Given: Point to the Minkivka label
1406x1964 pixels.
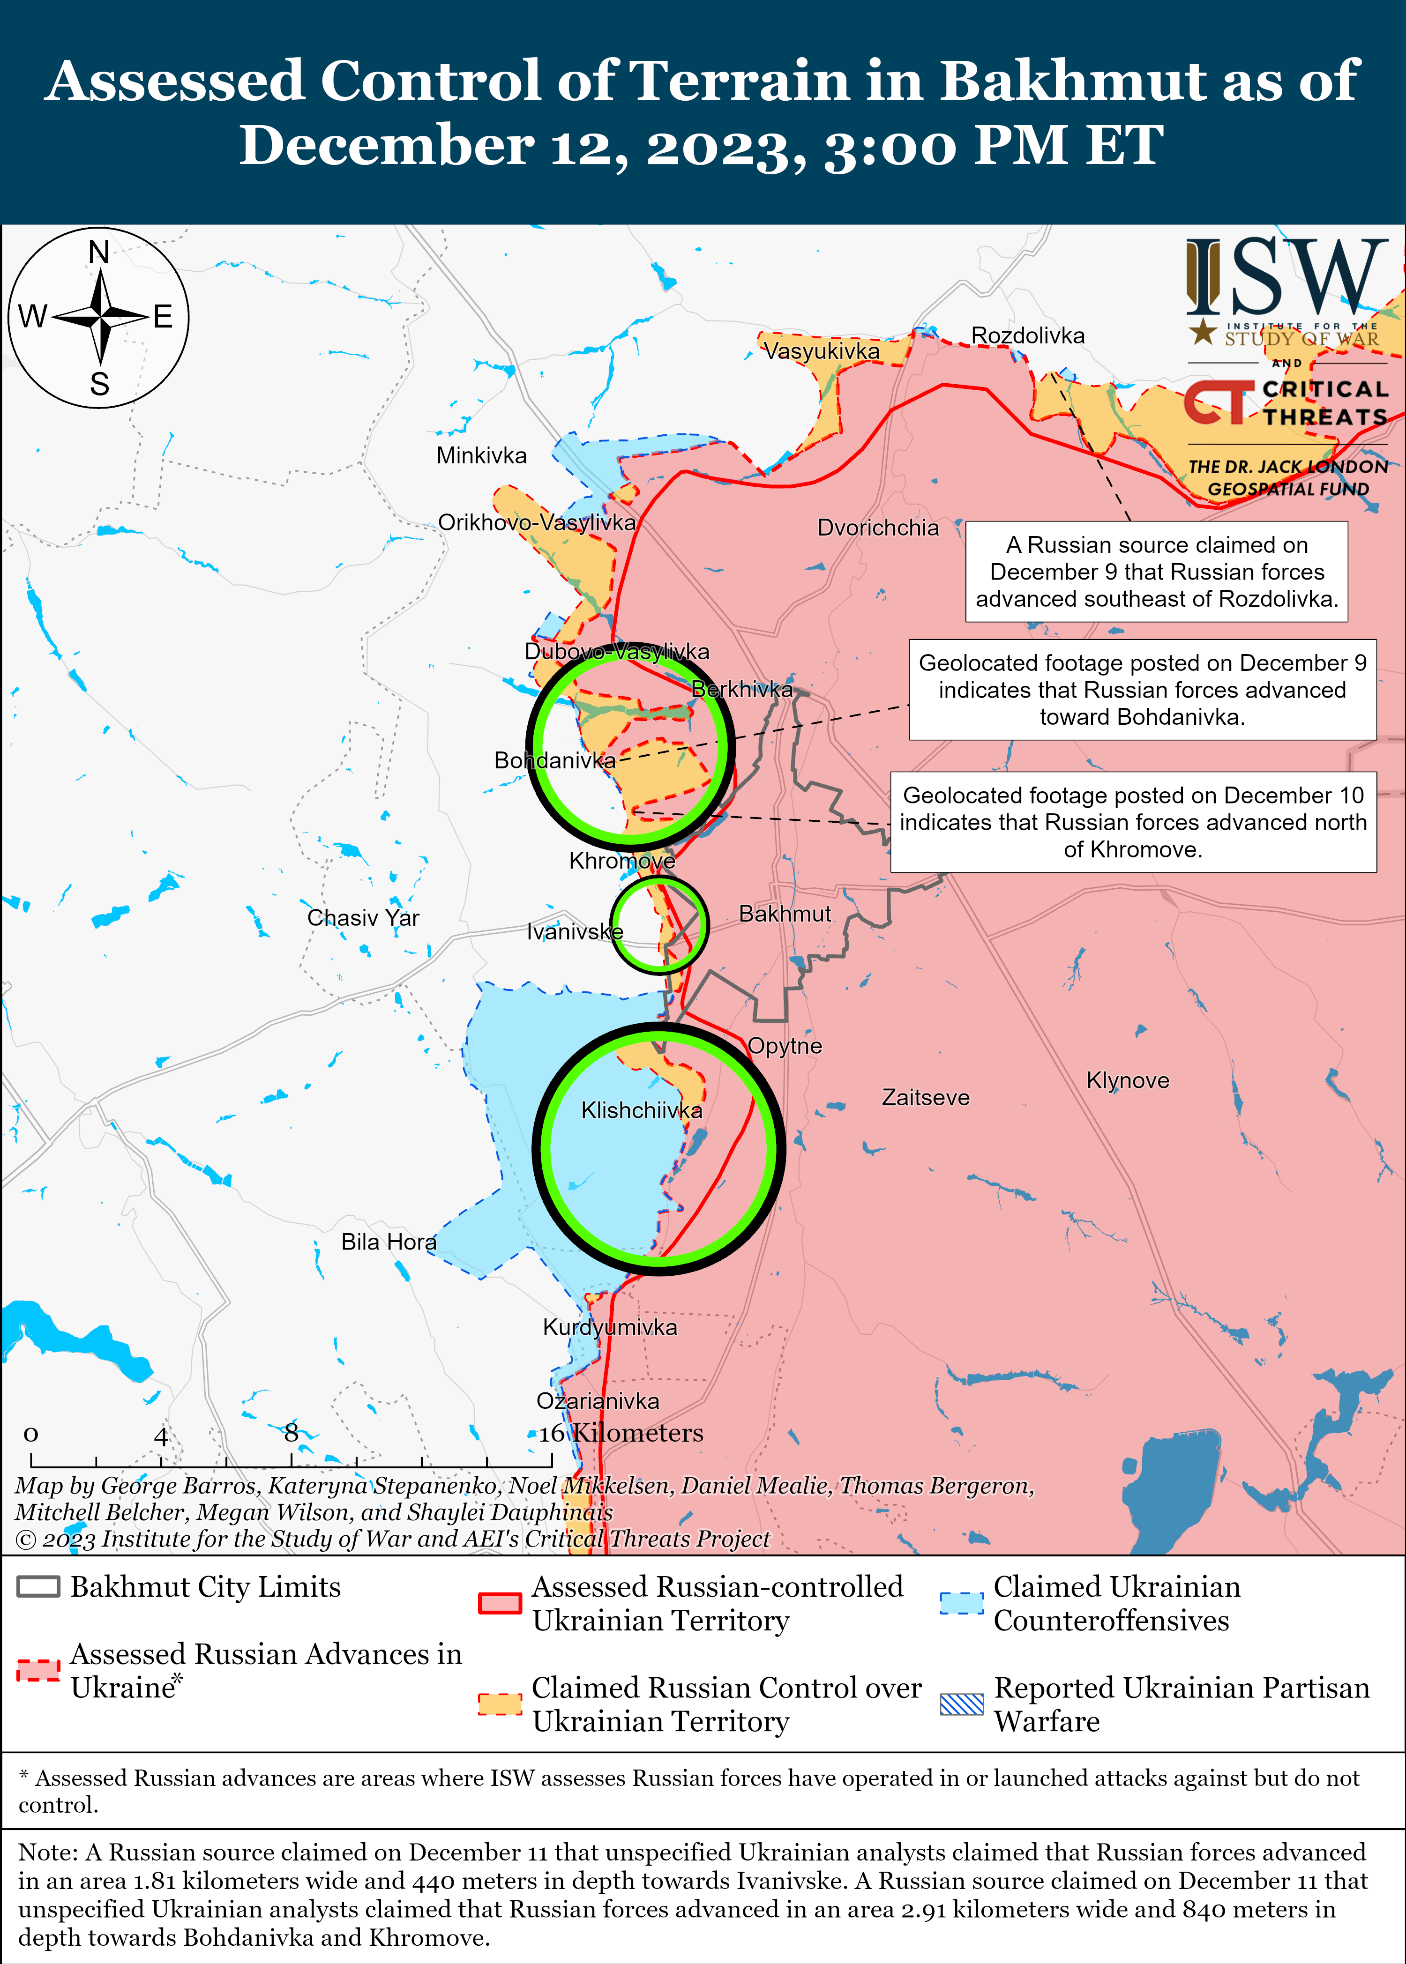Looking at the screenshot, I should pyautogui.click(x=481, y=455).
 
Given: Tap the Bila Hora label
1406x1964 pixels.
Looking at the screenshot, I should pyautogui.click(x=389, y=1242).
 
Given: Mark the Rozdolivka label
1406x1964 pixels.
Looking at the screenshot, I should pyautogui.click(x=1028, y=336).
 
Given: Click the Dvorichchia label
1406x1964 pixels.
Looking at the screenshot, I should pyautogui.click(x=878, y=528).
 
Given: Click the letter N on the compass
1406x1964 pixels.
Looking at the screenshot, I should pyautogui.click(x=99, y=253).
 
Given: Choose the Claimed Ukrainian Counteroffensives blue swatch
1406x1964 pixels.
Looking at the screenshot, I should pyautogui.click(x=962, y=1603).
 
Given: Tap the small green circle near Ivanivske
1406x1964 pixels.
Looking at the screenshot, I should pyautogui.click(x=659, y=924).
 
